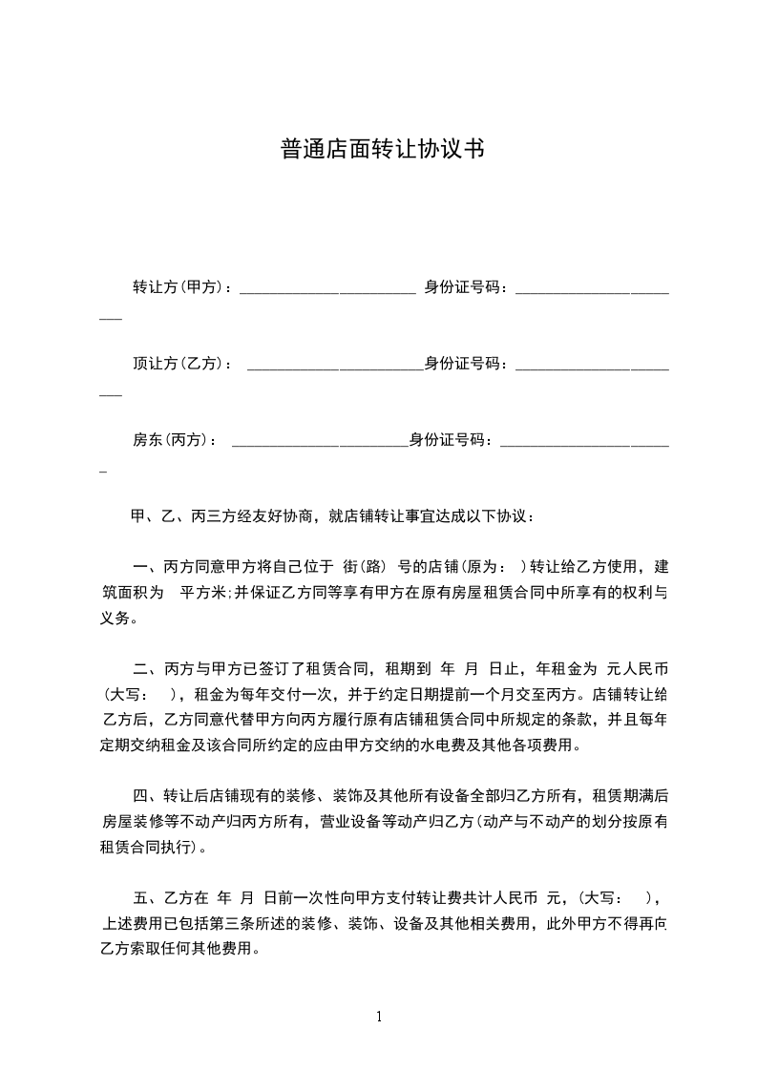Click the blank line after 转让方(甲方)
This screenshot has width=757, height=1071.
[326, 290]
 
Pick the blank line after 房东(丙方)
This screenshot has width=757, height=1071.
[320, 444]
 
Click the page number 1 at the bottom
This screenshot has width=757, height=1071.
[379, 1017]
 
